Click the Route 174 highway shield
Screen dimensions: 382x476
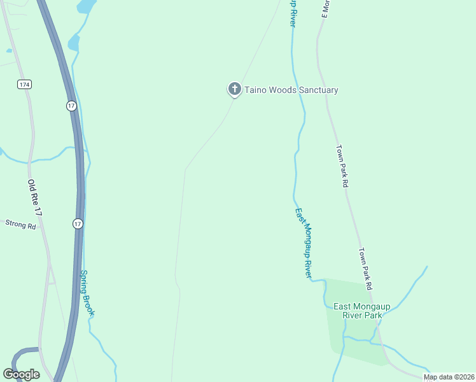pos(24,84)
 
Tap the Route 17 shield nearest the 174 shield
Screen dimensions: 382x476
pos(71,106)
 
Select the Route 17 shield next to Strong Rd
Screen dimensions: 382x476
pos(77,223)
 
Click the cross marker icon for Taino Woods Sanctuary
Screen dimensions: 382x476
pos(234,89)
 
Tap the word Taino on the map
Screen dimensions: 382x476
pos(256,90)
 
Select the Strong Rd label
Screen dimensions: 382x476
pos(20,224)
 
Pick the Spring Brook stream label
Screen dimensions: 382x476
pos(87,294)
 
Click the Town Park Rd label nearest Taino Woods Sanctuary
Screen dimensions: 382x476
pos(343,165)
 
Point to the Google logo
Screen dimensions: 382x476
pos(22,374)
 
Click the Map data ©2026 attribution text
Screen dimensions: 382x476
pos(449,377)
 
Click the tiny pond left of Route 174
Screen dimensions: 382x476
pos(9,50)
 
